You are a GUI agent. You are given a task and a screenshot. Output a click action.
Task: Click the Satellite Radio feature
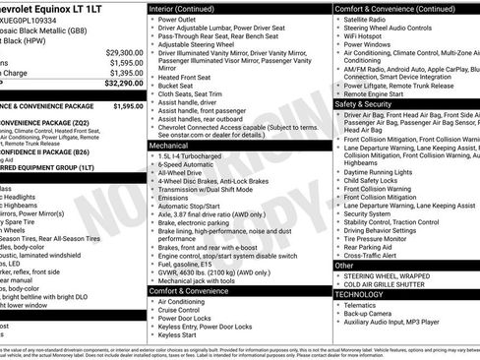point(370,19)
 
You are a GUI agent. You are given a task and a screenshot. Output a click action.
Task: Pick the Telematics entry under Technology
point(364,305)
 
